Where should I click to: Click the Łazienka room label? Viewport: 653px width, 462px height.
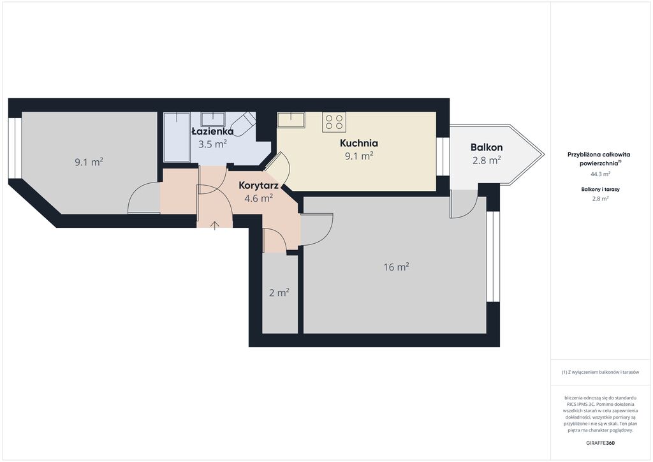(x=212, y=131)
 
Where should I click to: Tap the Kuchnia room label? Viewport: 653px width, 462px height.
(x=359, y=144)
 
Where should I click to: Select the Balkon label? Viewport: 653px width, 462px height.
(x=487, y=147)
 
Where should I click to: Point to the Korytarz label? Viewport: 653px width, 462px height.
(x=259, y=186)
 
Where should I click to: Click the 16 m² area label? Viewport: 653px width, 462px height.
(x=396, y=267)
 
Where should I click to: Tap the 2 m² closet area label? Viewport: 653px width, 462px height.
(x=279, y=293)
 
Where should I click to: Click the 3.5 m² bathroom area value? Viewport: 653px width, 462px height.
(x=212, y=144)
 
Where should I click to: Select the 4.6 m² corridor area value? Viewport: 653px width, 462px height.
(x=259, y=198)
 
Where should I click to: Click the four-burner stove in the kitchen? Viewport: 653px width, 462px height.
(x=334, y=122)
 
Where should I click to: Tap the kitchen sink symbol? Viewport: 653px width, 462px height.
(x=291, y=120)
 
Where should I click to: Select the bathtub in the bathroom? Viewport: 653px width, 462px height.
(x=177, y=137)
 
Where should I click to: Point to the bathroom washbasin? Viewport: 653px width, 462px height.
(x=213, y=119)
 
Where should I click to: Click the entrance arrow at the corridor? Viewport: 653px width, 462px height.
(x=214, y=226)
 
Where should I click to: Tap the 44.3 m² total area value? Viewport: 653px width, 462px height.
(x=601, y=174)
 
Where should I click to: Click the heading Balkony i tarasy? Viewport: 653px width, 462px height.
(x=601, y=189)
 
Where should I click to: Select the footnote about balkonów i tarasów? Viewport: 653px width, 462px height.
(x=600, y=372)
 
